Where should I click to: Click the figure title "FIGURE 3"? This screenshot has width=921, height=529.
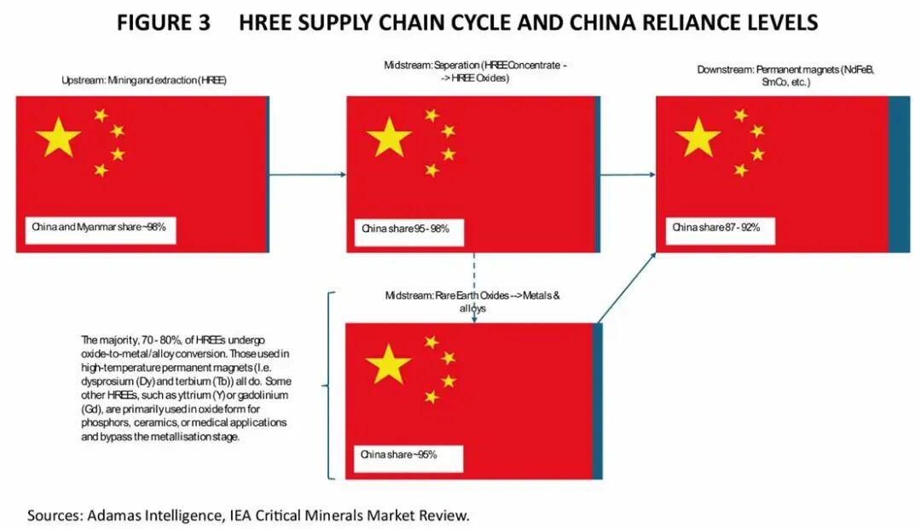coord(164,23)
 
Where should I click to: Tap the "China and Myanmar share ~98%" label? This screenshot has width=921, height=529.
coord(100,228)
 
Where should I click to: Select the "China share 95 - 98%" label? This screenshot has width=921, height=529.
coord(406,229)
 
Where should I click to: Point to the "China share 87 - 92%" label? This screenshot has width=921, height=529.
coord(716,227)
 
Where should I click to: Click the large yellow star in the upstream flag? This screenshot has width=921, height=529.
coord(58,137)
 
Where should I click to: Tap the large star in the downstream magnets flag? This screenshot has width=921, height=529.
coord(698,137)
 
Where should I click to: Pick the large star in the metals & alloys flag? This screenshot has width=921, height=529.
coord(388,364)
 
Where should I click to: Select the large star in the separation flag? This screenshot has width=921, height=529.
coord(389,137)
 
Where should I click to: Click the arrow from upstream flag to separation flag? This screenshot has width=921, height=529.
coord(307,174)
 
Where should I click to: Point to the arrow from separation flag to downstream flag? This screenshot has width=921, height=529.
coord(628,174)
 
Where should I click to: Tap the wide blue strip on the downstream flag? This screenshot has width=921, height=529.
coord(899,174)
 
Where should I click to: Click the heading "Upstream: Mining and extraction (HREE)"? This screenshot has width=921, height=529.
coord(143,80)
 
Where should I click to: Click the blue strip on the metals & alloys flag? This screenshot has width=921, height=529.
coord(597,401)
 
